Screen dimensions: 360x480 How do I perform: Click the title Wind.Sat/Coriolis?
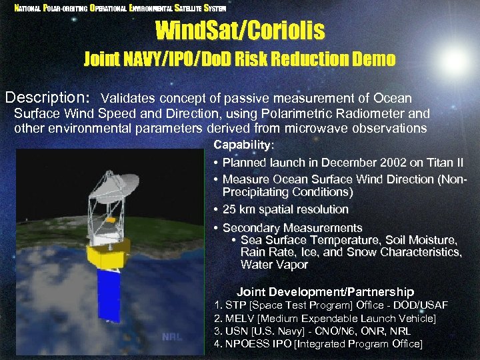[x=240, y=30]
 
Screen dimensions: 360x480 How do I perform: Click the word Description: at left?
[x=48, y=98]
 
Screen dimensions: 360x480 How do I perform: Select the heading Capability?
[x=243, y=145]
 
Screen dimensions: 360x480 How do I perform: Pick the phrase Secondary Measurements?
[x=292, y=228]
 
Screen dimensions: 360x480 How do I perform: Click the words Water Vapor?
[x=274, y=265]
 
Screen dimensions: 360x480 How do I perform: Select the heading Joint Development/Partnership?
[x=325, y=292]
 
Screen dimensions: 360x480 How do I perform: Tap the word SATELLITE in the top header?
[x=188, y=8]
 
